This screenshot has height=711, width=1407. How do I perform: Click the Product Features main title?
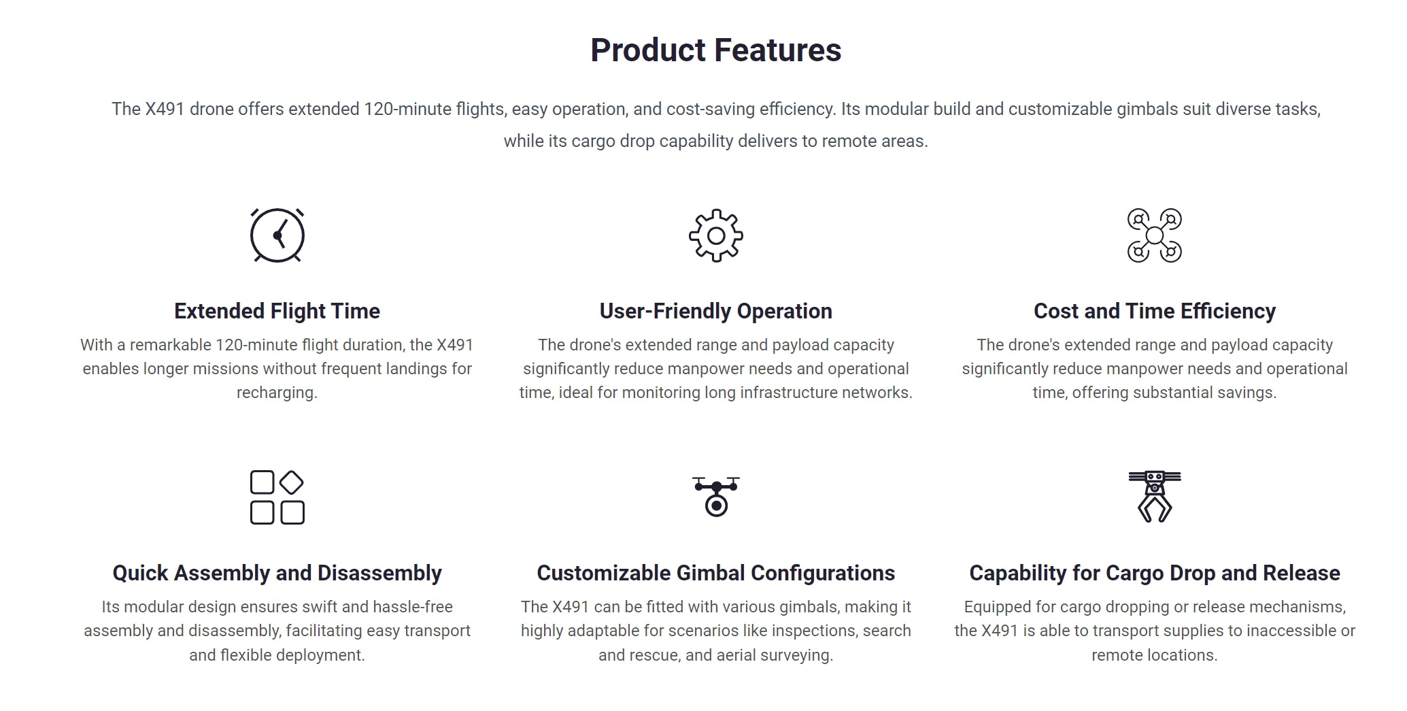(715, 50)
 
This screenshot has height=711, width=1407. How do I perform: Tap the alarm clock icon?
(277, 235)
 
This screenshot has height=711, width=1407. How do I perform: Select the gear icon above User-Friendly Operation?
(715, 235)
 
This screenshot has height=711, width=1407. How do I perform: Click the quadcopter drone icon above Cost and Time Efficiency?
(1155, 235)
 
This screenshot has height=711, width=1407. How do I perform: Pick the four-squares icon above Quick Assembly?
(277, 497)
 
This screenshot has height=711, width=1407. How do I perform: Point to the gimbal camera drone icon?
(716, 497)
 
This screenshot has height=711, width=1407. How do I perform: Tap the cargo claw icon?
(1155, 497)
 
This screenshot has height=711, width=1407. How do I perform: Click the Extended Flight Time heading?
(277, 311)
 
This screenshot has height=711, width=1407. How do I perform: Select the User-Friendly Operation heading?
(715, 311)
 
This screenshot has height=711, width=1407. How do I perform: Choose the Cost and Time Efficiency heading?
(1155, 311)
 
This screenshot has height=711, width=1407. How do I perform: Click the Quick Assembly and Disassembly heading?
(277, 574)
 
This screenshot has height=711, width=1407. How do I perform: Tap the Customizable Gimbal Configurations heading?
(715, 574)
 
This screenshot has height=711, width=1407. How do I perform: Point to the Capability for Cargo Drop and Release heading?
(1155, 574)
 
